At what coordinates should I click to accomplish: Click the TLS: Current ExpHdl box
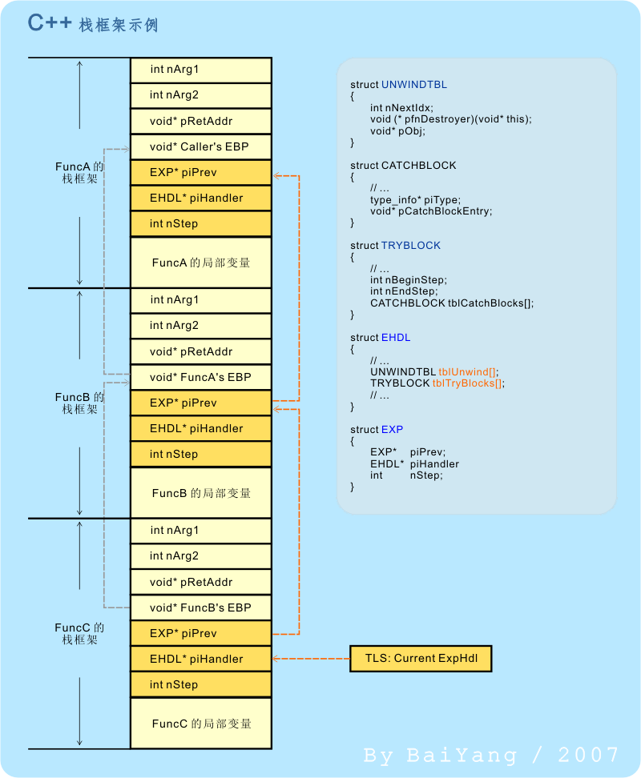(x=421, y=659)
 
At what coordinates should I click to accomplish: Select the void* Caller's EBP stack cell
(x=200, y=146)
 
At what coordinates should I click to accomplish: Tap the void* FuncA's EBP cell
(x=200, y=377)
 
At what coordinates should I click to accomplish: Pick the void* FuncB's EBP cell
(x=200, y=608)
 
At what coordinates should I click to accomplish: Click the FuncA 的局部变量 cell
(x=200, y=263)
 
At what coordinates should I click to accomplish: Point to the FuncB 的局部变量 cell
(x=200, y=493)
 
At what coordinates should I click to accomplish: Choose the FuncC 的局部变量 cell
(x=200, y=724)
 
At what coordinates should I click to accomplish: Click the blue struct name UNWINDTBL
(x=414, y=85)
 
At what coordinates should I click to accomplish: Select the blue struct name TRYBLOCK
(x=410, y=246)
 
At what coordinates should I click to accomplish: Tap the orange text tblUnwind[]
(x=467, y=372)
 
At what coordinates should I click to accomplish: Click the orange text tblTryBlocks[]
(x=467, y=383)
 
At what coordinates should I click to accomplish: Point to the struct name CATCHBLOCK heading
(x=418, y=165)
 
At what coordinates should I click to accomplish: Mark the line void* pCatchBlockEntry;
(x=431, y=211)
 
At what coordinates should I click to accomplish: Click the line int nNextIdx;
(x=401, y=108)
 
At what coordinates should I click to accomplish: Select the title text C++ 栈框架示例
(x=93, y=24)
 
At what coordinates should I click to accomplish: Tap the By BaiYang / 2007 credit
(x=491, y=755)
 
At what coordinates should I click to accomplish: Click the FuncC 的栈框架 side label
(x=79, y=634)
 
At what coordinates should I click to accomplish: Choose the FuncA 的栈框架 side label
(x=79, y=172)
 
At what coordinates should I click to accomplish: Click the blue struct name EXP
(x=393, y=430)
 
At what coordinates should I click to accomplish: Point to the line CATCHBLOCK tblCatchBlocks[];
(x=452, y=303)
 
